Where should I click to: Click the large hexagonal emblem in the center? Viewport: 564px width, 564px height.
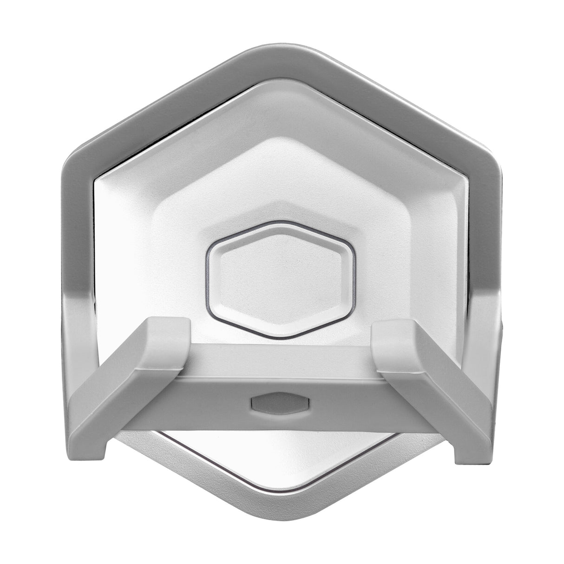click(282, 279)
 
